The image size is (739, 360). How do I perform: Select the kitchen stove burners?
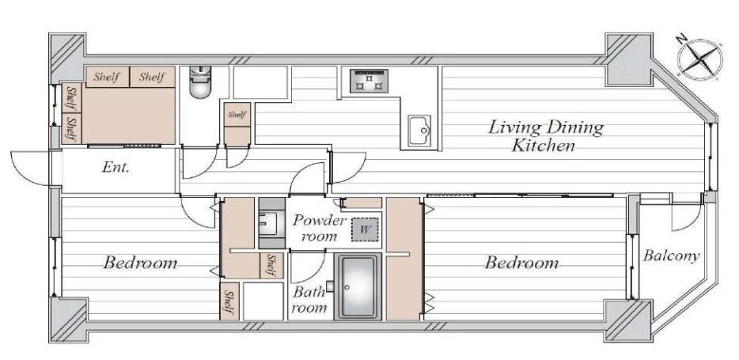pyautogui.click(x=369, y=81)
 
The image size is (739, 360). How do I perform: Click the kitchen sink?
pyautogui.click(x=420, y=131)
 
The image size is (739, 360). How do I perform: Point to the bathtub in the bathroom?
pyautogui.click(x=358, y=287)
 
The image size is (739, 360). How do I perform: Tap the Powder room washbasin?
pyautogui.click(x=271, y=223)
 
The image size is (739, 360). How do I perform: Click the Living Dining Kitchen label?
pyautogui.click(x=545, y=136)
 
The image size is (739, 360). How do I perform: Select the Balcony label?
pyautogui.click(x=672, y=256)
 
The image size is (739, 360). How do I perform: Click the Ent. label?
pyautogui.click(x=116, y=167)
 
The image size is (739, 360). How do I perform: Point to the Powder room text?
pyautogui.click(x=320, y=228)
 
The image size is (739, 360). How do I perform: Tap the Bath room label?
pyautogui.click(x=309, y=300)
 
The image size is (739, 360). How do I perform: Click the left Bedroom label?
pyautogui.click(x=141, y=263)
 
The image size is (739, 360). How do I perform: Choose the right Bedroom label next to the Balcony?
pyautogui.click(x=522, y=263)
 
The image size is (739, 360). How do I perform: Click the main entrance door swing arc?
pyautogui.click(x=26, y=167)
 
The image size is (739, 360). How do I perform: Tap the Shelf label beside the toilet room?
pyautogui.click(x=237, y=115)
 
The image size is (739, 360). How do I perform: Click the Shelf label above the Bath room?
pyautogui.click(x=271, y=265)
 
